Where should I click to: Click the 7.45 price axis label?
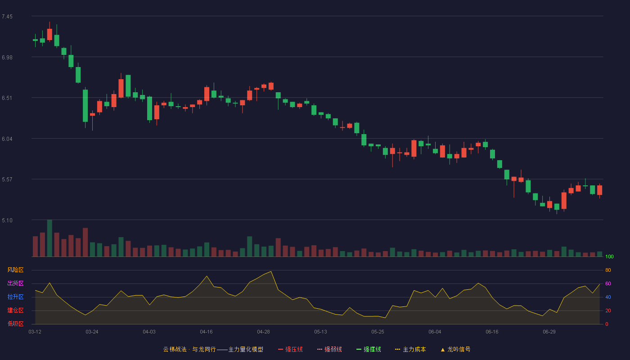[x=7, y=17]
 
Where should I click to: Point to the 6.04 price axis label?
[x=7, y=139]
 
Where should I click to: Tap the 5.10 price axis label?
[x=7, y=220]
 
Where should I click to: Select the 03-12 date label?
[x=35, y=332]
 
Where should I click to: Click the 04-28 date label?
[x=263, y=332]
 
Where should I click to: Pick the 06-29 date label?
[x=549, y=332]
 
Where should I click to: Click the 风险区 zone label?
[x=15, y=270]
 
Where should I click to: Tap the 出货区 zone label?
[x=15, y=283]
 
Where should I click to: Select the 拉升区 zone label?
[x=15, y=297]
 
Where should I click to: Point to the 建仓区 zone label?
[x=15, y=310]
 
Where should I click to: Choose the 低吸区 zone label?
[x=15, y=324]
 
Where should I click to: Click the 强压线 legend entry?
[x=290, y=350]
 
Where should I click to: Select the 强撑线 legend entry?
[x=369, y=350]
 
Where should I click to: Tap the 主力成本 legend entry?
[x=410, y=350]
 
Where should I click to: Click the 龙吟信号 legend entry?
[x=455, y=350]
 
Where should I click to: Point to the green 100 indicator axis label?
[x=609, y=256]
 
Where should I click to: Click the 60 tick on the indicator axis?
[x=608, y=283]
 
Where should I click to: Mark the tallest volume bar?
[x=49, y=238]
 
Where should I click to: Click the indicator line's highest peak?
[x=271, y=271]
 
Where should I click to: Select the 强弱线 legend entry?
[x=329, y=350]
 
